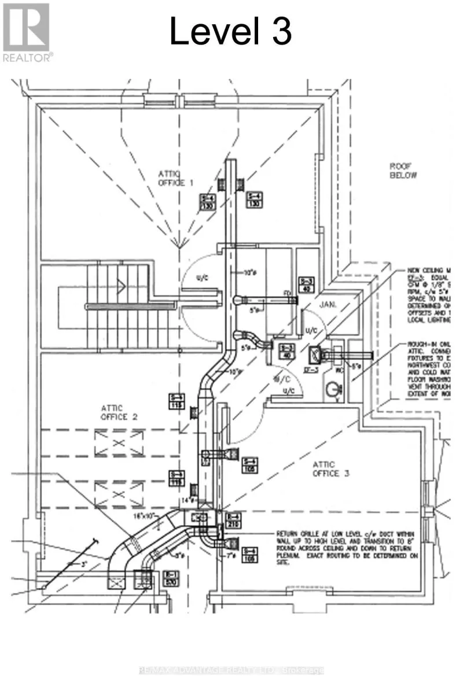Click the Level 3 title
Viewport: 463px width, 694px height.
pos(230,32)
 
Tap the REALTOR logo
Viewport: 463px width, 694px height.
pos(27,32)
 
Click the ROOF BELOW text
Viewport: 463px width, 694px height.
pos(402,171)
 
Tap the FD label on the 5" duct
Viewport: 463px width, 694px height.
pos(286,293)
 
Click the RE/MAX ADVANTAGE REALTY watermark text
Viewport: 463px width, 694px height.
pos(231,670)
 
